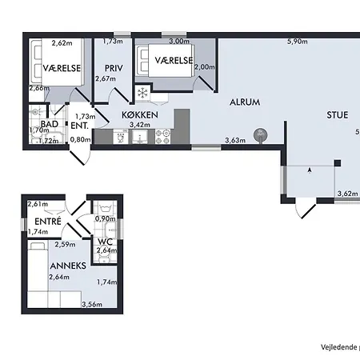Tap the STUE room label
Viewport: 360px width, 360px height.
click(337, 114)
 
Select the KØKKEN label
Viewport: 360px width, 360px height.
click(140, 115)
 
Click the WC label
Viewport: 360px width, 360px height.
click(104, 241)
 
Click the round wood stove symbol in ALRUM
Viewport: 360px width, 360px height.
click(260, 135)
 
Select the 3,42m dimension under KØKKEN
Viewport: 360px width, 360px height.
click(141, 126)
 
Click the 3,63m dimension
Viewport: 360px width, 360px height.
click(235, 141)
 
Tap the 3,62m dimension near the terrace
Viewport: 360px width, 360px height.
click(347, 194)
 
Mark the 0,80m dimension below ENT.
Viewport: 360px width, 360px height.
click(81, 140)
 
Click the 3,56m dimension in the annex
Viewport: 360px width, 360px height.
click(93, 304)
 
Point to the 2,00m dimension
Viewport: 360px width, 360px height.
click(205, 68)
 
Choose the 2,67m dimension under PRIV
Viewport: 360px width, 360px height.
click(106, 78)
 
